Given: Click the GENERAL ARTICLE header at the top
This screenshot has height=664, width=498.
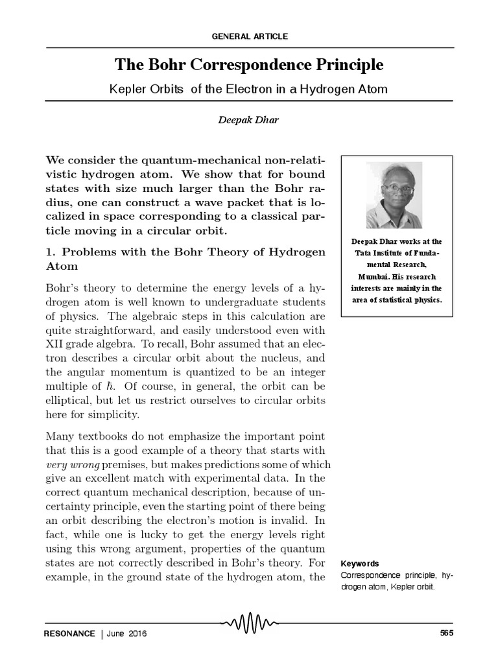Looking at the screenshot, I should click(x=249, y=36).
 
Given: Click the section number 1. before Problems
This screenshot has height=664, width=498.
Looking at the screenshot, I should click(x=50, y=252).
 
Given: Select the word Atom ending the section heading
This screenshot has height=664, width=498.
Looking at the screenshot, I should click(x=62, y=267).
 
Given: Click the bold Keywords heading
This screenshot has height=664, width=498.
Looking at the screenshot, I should click(x=360, y=563).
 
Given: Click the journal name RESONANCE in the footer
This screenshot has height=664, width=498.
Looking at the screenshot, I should click(x=69, y=633).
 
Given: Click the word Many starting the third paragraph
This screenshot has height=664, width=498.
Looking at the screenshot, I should click(x=60, y=436).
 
